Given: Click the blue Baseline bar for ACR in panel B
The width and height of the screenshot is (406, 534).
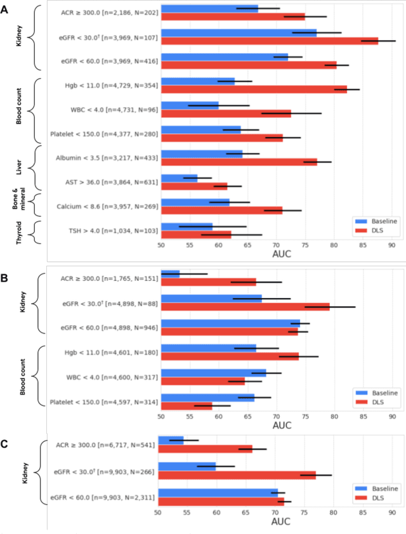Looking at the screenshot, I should (x=170, y=274).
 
